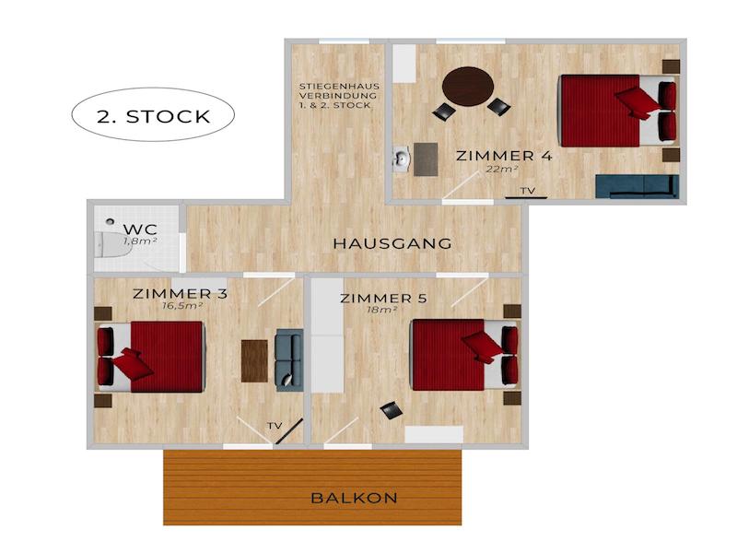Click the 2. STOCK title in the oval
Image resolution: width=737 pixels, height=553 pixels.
pos(153,117)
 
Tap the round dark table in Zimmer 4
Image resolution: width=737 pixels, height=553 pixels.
pos(468,87)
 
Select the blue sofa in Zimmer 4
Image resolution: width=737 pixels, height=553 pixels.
pos(637,186)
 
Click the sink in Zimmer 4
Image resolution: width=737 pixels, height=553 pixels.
pos(402,159)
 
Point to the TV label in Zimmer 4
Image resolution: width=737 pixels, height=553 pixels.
pos(527,191)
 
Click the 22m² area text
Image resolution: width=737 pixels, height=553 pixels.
pos(502,170)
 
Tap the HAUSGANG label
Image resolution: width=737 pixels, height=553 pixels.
pos(392,243)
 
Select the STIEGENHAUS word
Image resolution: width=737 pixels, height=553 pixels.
pos(339,87)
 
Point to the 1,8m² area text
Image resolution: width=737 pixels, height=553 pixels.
pos(140,241)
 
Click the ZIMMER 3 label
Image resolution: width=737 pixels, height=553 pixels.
pos(180,294)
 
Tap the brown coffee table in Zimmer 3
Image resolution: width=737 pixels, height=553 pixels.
pos(254,360)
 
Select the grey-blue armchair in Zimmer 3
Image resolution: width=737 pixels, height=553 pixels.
pos(288,359)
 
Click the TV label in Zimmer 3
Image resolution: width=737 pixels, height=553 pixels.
pos(275,426)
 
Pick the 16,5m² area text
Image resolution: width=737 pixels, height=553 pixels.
pos(181,306)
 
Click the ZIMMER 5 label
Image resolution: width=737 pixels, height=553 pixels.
pos(383,298)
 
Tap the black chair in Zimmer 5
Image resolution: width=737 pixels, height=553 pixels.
pos(392,410)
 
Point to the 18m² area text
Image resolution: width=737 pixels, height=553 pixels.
pos(382,310)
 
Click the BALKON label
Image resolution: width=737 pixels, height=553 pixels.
pos(354,498)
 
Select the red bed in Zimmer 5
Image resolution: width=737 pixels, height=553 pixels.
pos(464,356)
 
